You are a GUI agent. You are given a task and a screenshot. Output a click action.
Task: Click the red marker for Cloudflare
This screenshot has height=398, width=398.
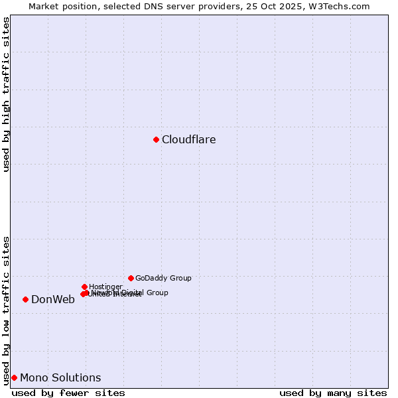(x=156, y=139)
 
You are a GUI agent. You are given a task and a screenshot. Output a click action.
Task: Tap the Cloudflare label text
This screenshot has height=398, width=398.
(x=189, y=139)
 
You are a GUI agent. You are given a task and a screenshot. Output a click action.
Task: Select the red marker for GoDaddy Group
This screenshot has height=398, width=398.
(x=131, y=278)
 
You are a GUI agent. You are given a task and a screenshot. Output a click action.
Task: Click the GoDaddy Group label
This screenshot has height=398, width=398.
(x=163, y=278)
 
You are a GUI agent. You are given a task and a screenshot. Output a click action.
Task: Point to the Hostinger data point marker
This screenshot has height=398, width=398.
(x=84, y=287)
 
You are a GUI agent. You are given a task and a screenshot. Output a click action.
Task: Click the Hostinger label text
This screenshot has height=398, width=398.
(x=105, y=287)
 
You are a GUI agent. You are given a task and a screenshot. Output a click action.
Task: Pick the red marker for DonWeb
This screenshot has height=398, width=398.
(x=25, y=299)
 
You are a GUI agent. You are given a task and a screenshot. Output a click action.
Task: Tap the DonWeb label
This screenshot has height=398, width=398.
(x=53, y=299)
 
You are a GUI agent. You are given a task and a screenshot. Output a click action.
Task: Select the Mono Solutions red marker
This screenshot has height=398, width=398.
(x=14, y=377)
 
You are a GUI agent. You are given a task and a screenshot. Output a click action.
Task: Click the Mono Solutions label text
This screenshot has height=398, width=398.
(x=60, y=378)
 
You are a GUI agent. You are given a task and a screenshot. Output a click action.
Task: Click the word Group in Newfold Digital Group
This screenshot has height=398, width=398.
(x=157, y=293)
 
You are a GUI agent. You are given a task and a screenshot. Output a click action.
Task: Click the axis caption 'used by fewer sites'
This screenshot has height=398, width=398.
(x=68, y=393)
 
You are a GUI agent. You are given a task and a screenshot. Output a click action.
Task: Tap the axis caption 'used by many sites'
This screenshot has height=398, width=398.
(x=333, y=393)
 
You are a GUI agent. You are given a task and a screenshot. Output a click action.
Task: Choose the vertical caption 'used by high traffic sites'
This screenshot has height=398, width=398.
(x=6, y=94)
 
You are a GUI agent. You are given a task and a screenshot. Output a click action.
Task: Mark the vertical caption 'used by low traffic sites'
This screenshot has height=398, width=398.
(x=6, y=310)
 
